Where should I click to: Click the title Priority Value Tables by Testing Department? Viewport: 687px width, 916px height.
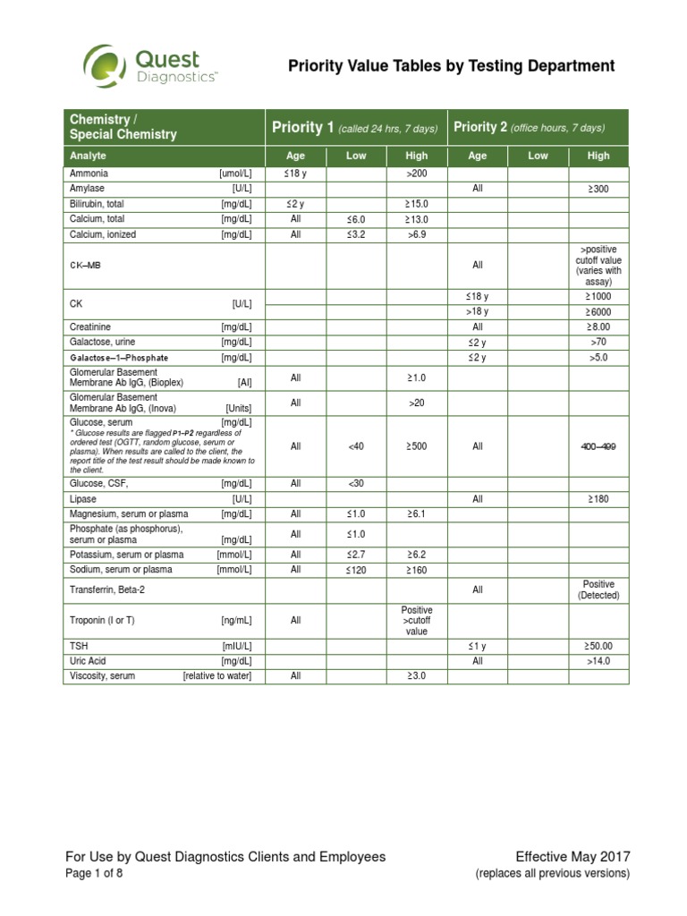click(x=450, y=66)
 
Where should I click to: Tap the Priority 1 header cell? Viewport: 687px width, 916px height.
click(x=355, y=128)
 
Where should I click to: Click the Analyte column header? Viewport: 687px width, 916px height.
click(x=88, y=156)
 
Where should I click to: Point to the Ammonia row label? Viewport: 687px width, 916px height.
click(x=89, y=174)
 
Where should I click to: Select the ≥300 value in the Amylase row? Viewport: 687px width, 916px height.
click(x=598, y=189)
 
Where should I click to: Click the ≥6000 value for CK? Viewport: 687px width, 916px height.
click(x=598, y=311)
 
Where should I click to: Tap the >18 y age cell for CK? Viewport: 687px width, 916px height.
click(x=478, y=311)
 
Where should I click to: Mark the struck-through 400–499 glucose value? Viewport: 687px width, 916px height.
click(x=598, y=446)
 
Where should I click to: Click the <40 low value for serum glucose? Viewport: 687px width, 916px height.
click(x=356, y=446)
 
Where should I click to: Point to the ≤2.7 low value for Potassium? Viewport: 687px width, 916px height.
click(x=356, y=555)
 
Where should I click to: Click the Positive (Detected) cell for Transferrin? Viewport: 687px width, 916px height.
click(x=598, y=589)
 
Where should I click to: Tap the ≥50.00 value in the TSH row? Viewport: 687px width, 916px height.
click(x=598, y=645)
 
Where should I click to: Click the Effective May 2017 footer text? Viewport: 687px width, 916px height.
click(x=572, y=857)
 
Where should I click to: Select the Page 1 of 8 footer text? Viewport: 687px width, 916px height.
click(x=94, y=875)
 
